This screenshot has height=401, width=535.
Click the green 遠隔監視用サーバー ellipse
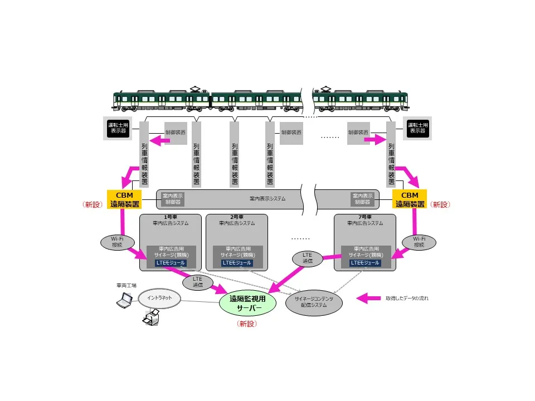pyautogui.click(x=248, y=302)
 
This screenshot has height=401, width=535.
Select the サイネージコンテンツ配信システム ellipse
pyautogui.click(x=314, y=302)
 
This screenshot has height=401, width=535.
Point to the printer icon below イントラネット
pyautogui.click(x=151, y=319)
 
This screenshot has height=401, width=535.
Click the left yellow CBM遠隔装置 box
pyautogui.click(x=124, y=199)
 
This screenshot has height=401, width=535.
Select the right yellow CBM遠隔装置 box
pyautogui.click(x=410, y=199)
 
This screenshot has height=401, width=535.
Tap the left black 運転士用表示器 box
pyautogui.click(x=118, y=129)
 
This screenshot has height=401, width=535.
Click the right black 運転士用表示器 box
pyautogui.click(x=417, y=129)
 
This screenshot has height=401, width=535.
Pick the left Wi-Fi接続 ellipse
pyautogui.click(x=116, y=242)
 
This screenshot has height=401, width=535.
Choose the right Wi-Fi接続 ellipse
pyautogui.click(x=419, y=242)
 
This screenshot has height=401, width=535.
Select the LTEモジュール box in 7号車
pyautogui.click(x=365, y=263)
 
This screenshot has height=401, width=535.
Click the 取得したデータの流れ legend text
pyautogui.click(x=407, y=299)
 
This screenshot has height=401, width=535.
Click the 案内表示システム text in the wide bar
pyautogui.click(x=267, y=198)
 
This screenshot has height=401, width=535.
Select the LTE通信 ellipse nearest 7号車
pyautogui.click(x=308, y=257)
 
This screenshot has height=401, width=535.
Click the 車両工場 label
pyautogui.click(x=127, y=285)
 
